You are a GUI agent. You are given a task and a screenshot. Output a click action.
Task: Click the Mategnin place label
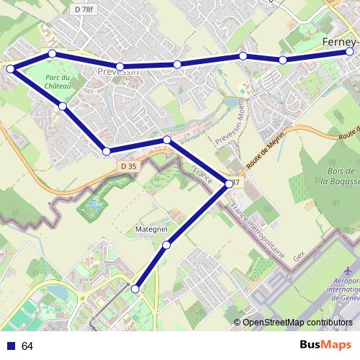[x=151, y=229]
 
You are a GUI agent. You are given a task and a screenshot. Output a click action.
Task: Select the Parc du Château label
[x=58, y=82]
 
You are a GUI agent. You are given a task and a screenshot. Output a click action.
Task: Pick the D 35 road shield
[x=127, y=166]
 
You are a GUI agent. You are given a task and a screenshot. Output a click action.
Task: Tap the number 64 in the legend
[x=27, y=346]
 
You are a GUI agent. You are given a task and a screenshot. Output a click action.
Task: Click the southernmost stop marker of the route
[x=135, y=288]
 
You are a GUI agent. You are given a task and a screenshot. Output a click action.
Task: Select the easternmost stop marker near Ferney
[x=350, y=52]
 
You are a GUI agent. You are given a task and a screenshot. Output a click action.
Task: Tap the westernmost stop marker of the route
[x=10, y=68]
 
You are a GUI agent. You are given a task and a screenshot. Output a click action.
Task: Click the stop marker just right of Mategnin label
[x=166, y=246]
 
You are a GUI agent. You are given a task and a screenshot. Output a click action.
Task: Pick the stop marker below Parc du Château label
[x=63, y=107]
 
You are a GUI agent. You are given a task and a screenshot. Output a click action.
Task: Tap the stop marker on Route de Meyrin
[x=229, y=184]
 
